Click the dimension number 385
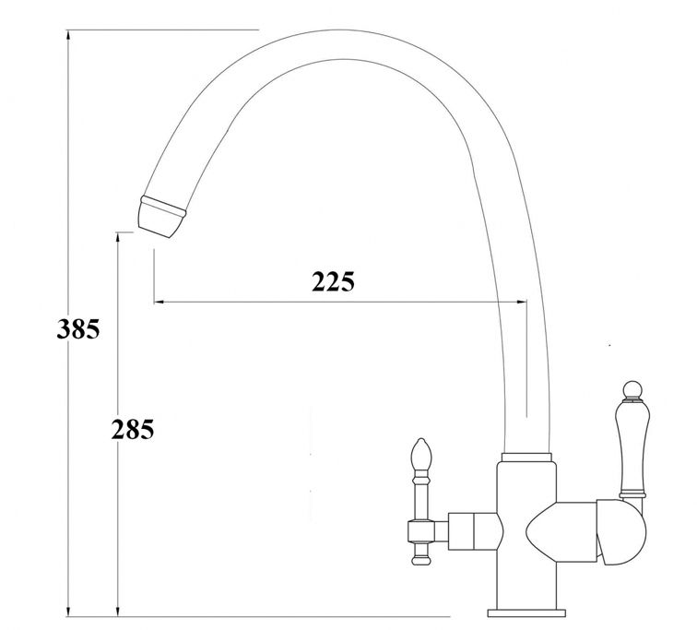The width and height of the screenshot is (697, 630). [x=78, y=329]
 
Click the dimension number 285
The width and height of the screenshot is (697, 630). [x=133, y=429]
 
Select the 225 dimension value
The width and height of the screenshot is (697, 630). [x=333, y=281]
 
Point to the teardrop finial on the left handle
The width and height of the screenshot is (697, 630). [x=420, y=455]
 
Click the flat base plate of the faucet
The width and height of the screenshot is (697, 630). [x=526, y=612]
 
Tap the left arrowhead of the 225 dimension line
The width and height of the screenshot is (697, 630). [x=159, y=302]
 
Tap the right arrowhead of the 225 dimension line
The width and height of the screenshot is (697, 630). [x=522, y=302]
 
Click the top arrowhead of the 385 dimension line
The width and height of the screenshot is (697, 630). [x=68, y=36]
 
